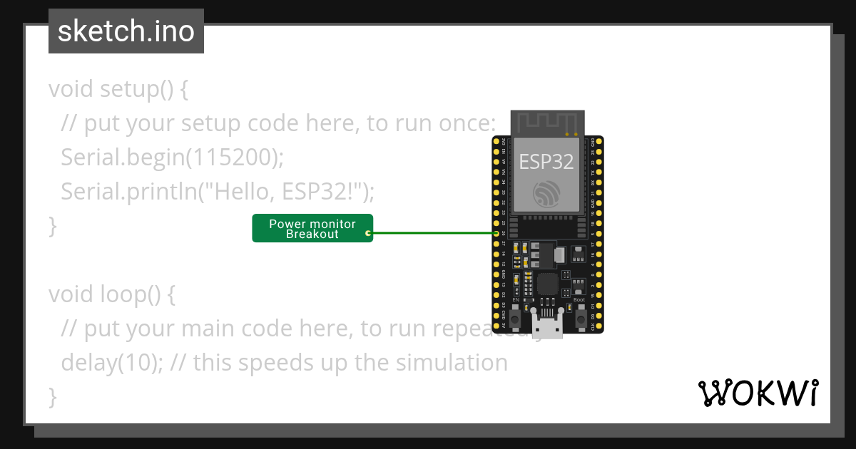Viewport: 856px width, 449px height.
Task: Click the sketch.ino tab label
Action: (126, 31)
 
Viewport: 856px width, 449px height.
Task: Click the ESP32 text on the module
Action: (546, 162)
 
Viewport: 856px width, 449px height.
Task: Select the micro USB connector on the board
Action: (548, 326)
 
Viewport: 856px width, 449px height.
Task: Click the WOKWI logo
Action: (758, 393)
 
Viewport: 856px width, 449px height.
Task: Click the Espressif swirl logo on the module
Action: (546, 194)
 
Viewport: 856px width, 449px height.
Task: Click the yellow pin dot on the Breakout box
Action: (368, 233)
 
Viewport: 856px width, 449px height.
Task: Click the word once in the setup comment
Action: (464, 124)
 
